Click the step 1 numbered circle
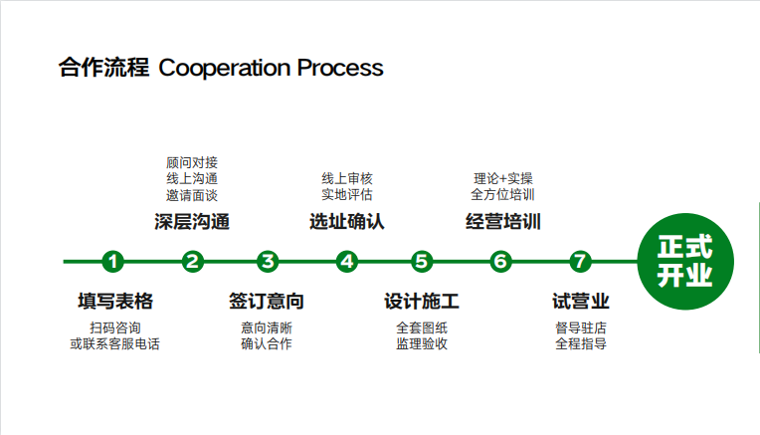click(x=114, y=262)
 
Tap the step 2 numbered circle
click(x=193, y=262)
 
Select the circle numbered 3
click(x=267, y=262)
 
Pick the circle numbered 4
click(x=346, y=262)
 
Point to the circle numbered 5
click(x=422, y=262)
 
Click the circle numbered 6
click(x=500, y=262)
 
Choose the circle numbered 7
click(x=580, y=262)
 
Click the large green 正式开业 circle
click(x=685, y=261)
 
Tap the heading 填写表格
click(x=114, y=301)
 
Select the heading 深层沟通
click(x=192, y=221)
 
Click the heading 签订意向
click(x=267, y=301)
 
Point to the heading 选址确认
click(x=346, y=221)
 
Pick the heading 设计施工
click(x=422, y=301)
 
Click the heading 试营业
click(x=580, y=301)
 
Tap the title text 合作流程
click(x=103, y=69)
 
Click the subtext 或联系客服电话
click(x=114, y=344)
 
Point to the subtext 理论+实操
click(x=503, y=178)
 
